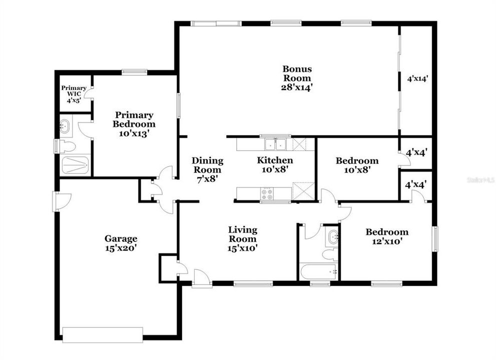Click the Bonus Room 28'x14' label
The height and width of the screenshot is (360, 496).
pyautogui.click(x=297, y=78)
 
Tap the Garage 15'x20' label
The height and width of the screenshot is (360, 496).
pyautogui.click(x=121, y=242)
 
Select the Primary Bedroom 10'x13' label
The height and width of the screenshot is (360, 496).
pyautogui.click(x=134, y=124)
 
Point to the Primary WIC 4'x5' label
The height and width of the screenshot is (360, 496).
pyautogui.click(x=74, y=94)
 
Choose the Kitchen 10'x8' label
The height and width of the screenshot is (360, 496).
pyautogui.click(x=275, y=165)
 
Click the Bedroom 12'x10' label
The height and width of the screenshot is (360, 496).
pyautogui.click(x=386, y=236)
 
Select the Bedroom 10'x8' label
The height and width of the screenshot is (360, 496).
pyautogui.click(x=357, y=165)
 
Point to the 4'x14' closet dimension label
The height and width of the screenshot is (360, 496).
pyautogui.click(x=417, y=78)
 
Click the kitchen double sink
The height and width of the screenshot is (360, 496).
pyautogui.click(x=275, y=144)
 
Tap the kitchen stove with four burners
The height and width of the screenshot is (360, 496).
pyautogui.click(x=267, y=192)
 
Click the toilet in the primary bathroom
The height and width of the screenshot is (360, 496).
pyautogui.click(x=68, y=146)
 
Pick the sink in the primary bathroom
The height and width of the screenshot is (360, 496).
pyautogui.click(x=66, y=126)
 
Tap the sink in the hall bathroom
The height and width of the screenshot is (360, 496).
pyautogui.click(x=332, y=237)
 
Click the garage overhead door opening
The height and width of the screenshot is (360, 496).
pyautogui.click(x=103, y=334)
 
